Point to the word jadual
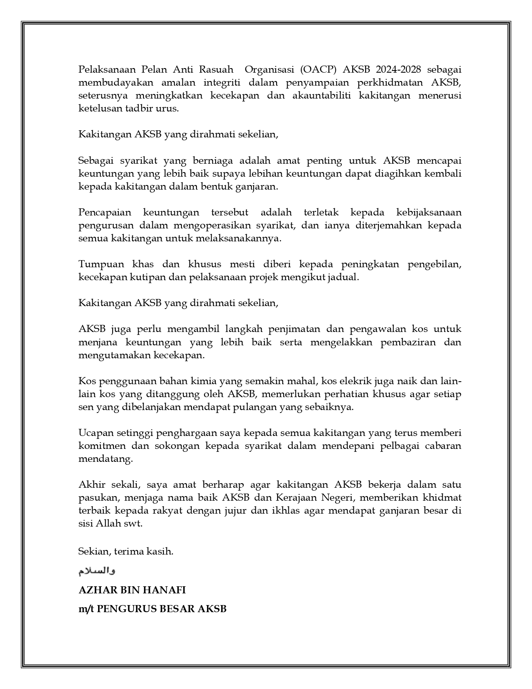coord(345,278)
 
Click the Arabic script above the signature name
coord(97,571)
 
